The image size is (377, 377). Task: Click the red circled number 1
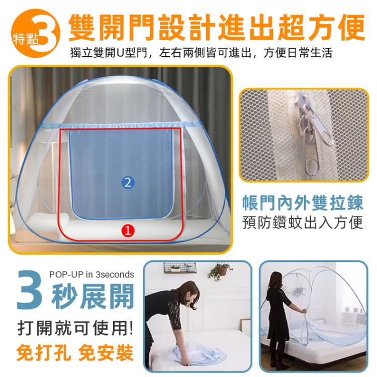(128, 231)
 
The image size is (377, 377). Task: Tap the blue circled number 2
(128, 182)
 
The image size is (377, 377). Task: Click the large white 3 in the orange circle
(46, 33)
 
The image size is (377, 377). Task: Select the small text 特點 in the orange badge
(26, 39)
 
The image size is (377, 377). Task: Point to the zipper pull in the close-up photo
(313, 135)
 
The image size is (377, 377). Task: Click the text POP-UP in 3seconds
(92, 274)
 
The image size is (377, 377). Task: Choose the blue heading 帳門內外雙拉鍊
(303, 203)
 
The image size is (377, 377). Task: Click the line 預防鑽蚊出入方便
(303, 222)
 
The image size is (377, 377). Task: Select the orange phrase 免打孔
(44, 353)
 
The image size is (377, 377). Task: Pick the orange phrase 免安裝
(106, 353)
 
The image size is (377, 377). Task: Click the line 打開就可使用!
(75, 328)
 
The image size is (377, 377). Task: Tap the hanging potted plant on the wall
(220, 271)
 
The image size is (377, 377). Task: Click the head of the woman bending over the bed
(190, 295)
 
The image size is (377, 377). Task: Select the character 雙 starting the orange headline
(82, 27)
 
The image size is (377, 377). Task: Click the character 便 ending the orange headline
(351, 27)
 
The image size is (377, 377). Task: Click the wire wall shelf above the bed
(180, 267)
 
